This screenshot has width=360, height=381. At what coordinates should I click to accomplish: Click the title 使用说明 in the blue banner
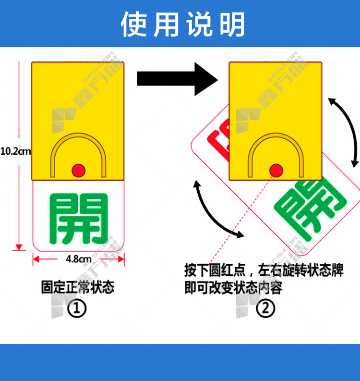[x=183, y=24]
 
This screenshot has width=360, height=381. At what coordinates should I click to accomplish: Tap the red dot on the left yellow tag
[x=78, y=169]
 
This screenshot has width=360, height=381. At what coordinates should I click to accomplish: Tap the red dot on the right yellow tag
[x=276, y=170]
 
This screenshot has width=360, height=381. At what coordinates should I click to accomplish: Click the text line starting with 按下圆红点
[x=264, y=270]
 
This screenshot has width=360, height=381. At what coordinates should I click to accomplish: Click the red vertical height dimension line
[x=19, y=154]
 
